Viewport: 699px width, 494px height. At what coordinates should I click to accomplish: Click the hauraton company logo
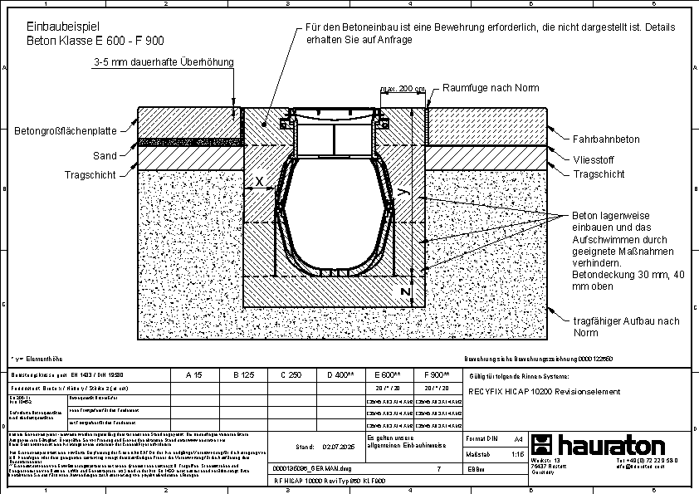click(598, 443)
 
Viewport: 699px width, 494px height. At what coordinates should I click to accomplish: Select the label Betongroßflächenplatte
click(65, 130)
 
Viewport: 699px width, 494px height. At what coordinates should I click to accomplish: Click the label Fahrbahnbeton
click(606, 139)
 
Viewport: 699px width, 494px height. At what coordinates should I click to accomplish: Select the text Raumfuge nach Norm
click(491, 88)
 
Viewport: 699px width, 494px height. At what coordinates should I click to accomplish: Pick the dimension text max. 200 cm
click(403, 88)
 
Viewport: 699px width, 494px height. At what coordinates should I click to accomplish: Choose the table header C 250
click(291, 375)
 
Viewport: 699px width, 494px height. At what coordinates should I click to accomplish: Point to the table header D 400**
click(340, 375)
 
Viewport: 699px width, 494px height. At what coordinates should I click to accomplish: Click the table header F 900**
click(436, 375)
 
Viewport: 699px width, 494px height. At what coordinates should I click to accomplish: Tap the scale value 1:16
click(517, 454)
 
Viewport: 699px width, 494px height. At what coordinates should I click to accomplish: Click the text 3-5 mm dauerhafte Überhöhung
click(164, 62)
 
